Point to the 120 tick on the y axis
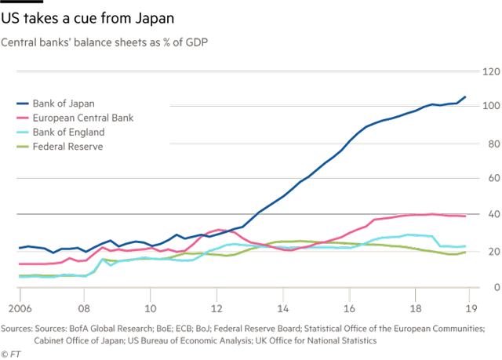pos(491,72)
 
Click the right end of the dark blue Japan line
pos(467,96)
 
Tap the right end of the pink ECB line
pos(467,216)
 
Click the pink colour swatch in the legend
pos(22,118)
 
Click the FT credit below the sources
pos(9,351)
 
